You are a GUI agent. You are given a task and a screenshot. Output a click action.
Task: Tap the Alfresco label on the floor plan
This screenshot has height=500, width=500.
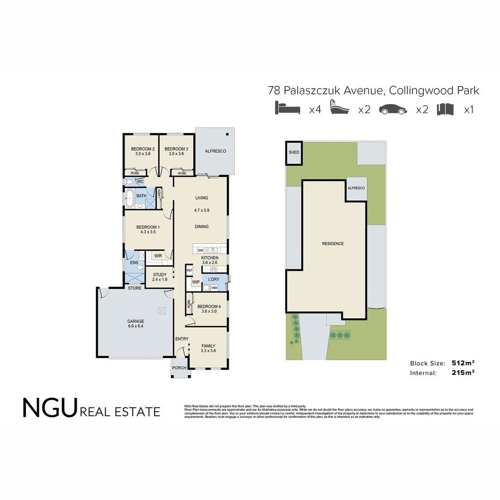pyautogui.click(x=215, y=151)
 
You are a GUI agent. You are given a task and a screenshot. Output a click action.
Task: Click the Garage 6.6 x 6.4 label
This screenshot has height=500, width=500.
pyautogui.click(x=136, y=324)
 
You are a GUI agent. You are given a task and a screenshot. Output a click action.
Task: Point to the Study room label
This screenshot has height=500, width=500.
pyautogui.click(x=159, y=277)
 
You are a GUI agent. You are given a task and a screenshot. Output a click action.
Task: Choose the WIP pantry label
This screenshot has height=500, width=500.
pyautogui.click(x=195, y=282)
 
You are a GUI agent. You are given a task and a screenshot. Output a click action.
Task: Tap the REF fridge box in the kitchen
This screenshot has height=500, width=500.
pyautogui.click(x=189, y=270)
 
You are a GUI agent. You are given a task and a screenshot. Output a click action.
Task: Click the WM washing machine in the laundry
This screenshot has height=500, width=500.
pyautogui.click(x=214, y=288)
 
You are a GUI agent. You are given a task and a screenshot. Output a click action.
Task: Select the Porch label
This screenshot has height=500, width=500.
pyautogui.click(x=179, y=368)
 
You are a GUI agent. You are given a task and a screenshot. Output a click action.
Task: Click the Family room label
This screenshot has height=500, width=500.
pyautogui.click(x=208, y=348)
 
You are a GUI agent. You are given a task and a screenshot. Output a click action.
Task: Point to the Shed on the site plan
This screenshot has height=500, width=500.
pyautogui.click(x=294, y=153)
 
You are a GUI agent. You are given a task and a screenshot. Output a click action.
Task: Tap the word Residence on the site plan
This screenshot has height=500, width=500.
pyautogui.click(x=333, y=244)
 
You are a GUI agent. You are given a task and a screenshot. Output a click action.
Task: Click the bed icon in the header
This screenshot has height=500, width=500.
pyautogui.click(x=288, y=109)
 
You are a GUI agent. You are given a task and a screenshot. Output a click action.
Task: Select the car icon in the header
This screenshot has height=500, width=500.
pyautogui.click(x=393, y=109)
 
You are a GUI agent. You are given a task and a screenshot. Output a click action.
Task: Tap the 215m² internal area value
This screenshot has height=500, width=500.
pyautogui.click(x=463, y=373)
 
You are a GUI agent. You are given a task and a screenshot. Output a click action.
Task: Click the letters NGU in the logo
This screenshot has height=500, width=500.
pyautogui.click(x=49, y=407)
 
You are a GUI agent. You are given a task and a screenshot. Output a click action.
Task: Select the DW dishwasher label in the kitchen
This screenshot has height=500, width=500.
pyautogui.click(x=200, y=250)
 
